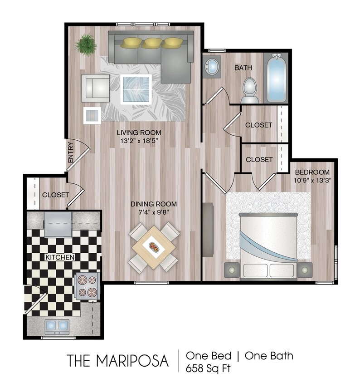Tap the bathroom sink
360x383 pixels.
[x=211, y=67]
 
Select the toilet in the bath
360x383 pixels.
[x=249, y=89]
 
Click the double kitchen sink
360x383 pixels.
[x=57, y=325]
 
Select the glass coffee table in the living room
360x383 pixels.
[x=136, y=89]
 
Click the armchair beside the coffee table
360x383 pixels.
[x=96, y=88]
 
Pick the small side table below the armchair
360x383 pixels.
[x=92, y=115]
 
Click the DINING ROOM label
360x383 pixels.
[x=154, y=204]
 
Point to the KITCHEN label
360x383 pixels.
[x=59, y=257]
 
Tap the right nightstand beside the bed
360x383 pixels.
[x=305, y=270]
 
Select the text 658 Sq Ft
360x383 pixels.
[x=208, y=368]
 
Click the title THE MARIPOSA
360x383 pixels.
[x=118, y=361]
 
